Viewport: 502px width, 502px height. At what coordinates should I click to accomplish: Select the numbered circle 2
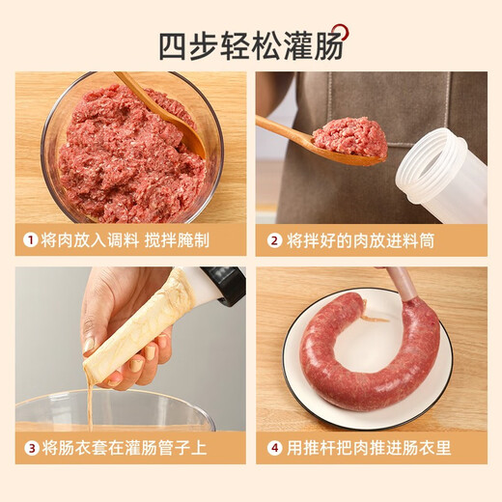tap(274, 240)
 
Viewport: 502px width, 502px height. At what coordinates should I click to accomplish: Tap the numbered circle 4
tap(274, 447)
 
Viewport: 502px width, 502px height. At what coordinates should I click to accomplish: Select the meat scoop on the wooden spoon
tap(349, 137)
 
